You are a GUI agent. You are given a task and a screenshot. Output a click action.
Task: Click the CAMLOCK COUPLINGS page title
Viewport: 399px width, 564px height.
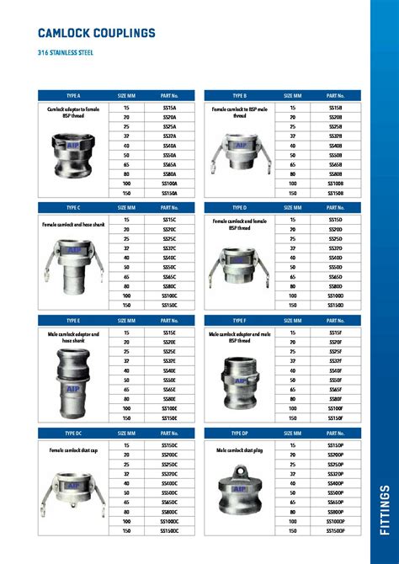(x=97, y=33)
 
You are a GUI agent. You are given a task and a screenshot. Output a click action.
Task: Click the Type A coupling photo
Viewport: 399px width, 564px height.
(x=73, y=149)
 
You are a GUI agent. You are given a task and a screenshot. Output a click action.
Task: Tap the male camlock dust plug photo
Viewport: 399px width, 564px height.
(x=238, y=492)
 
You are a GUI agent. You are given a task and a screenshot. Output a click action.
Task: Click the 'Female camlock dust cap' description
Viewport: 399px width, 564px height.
(x=73, y=450)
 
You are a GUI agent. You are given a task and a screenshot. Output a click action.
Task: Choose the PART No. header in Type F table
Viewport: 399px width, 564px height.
(x=336, y=321)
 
